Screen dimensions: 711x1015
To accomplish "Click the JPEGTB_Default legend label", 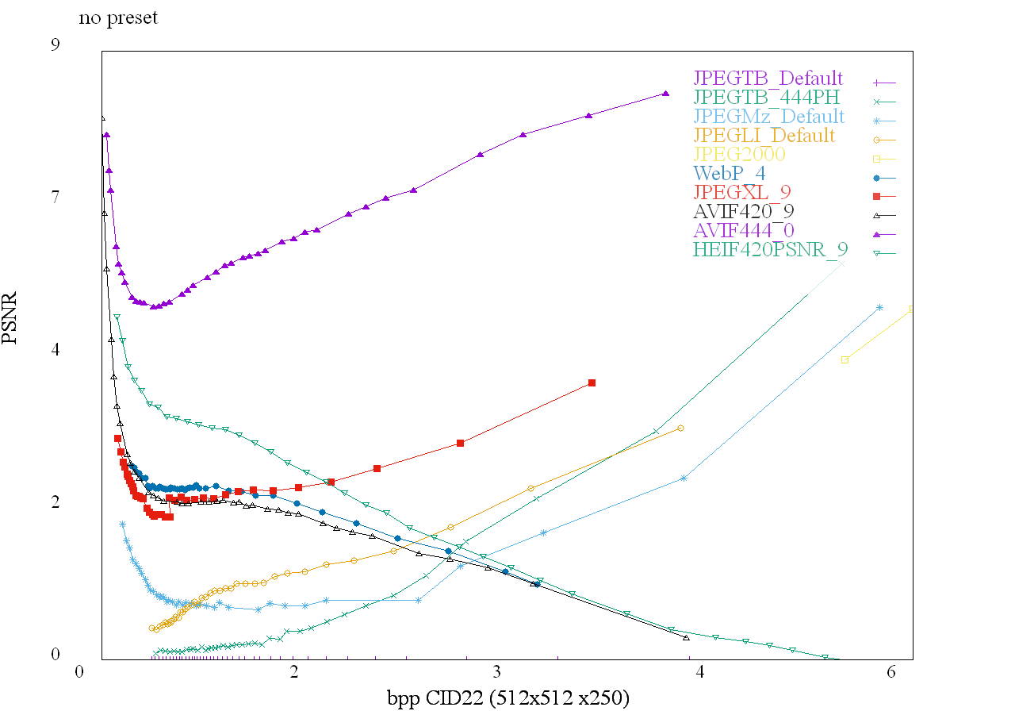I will (x=768, y=79).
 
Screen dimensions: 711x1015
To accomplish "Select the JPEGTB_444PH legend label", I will (x=768, y=98).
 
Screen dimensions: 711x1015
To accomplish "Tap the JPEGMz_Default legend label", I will (x=768, y=117).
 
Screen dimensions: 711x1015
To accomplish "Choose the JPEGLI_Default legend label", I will (x=764, y=136).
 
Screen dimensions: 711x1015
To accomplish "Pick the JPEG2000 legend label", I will (x=739, y=155).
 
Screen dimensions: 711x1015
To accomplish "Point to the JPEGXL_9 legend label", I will (x=741, y=193).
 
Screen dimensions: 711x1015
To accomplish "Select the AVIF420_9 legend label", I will (x=743, y=212).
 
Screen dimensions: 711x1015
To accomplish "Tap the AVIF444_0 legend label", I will (x=743, y=231).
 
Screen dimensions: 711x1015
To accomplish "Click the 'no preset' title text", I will (x=118, y=17).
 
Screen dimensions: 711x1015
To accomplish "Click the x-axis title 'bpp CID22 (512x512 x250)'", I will (x=508, y=698).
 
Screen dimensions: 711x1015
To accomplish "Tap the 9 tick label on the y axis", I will (x=56, y=45).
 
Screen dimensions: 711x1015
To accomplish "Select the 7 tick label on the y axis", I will (x=56, y=198).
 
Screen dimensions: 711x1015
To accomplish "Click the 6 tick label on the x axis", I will (x=891, y=672).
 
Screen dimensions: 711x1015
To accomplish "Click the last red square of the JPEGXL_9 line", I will (x=592, y=383).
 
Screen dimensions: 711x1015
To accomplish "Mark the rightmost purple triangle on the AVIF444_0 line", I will (x=665, y=94).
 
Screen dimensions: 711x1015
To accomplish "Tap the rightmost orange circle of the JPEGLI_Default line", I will (x=680, y=429).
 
